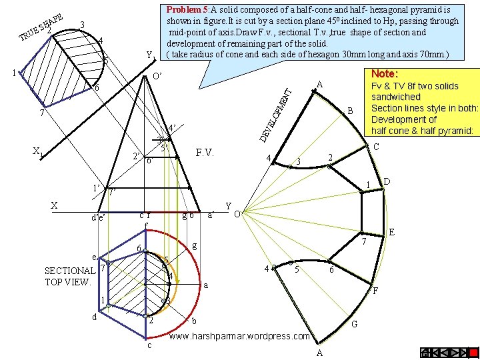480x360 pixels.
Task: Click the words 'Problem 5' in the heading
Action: [x=188, y=10]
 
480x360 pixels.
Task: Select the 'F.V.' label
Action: [x=205, y=153]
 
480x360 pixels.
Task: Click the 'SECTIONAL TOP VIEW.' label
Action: [x=69, y=276]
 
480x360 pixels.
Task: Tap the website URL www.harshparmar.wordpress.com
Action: [x=241, y=337]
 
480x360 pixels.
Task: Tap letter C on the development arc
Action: [x=376, y=147]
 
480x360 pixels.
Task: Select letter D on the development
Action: [x=387, y=181]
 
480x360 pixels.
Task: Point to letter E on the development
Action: [x=391, y=232]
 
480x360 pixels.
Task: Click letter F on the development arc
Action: [x=376, y=291]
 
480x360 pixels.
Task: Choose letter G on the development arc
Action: [x=355, y=325]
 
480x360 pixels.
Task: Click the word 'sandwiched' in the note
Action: [x=396, y=97]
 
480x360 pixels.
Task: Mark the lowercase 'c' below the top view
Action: [x=149, y=345]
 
